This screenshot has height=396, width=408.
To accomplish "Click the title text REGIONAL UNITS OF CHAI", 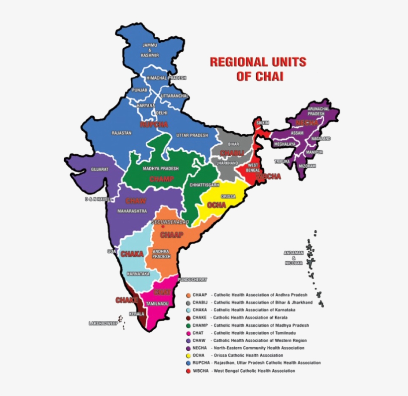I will point(258,69).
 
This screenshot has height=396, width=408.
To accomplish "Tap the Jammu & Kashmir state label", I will point(149,49).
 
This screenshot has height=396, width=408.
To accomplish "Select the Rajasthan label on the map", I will point(121,133).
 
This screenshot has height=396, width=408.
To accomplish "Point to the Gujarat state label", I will point(100,170).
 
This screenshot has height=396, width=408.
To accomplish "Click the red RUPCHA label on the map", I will point(154,124).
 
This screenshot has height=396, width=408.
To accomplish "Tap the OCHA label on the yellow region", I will point(217,204).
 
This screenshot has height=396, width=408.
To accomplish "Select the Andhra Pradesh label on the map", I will point(161,254).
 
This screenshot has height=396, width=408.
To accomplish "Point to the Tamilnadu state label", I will point(157,303).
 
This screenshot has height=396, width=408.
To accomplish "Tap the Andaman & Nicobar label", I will point(294,258).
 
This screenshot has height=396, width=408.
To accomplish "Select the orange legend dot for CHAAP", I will point(188,295).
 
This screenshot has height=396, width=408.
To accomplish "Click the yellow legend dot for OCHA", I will point(188,356).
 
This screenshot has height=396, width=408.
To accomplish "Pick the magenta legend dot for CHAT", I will point(188,333).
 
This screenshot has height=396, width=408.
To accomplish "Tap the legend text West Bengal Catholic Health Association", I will point(254,371).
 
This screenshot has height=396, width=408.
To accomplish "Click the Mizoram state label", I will point(307,166).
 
